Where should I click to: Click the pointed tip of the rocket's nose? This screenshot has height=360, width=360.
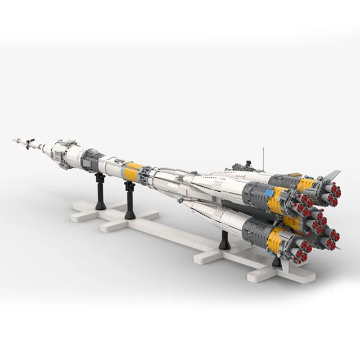[13, 139]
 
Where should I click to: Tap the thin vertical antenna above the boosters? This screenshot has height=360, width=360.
[263, 158]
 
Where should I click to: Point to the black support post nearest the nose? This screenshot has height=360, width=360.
[100, 191]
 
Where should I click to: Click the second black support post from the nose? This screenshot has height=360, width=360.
[130, 200]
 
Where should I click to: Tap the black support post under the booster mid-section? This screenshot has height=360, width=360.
[224, 240]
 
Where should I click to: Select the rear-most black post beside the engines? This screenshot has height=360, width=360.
[277, 262]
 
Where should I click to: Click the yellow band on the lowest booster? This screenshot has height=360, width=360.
[275, 241]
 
